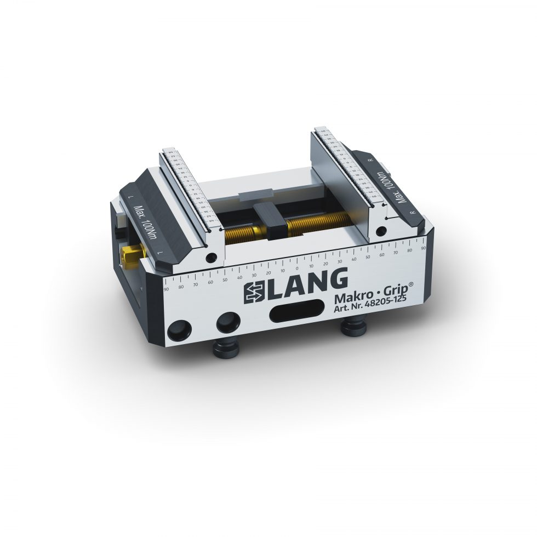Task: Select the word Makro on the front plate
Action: [x=353, y=299]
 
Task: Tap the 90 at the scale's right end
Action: [x=422, y=248]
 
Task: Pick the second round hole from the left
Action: [x=227, y=323]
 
